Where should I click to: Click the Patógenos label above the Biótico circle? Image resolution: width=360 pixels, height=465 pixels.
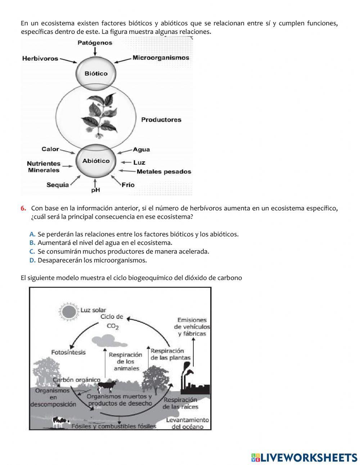pos(95,43)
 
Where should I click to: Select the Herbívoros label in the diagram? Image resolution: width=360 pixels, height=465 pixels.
pos(40,58)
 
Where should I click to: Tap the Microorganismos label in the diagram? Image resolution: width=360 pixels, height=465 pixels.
pos(161,58)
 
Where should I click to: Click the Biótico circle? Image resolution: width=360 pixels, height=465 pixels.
pos(96,73)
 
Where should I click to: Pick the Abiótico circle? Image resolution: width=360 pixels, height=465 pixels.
pos(96,161)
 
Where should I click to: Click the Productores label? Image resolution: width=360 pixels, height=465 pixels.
pos(161,120)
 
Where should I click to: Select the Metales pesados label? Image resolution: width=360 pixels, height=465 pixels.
pos(164,172)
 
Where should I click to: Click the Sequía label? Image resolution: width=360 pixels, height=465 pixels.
pos(58,185)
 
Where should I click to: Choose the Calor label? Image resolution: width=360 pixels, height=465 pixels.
pos(50,149)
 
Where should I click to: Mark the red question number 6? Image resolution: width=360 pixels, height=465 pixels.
pos(23,208)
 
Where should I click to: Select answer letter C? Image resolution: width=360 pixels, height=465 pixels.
pos(32,251)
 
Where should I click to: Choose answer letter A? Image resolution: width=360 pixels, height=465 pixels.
pos(32,234)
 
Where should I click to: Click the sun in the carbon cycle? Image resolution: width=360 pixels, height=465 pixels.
pos(67,312)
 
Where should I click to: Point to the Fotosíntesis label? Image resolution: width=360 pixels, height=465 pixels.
pos(68,352)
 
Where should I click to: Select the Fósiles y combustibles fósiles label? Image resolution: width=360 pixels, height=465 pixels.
pos(114,426)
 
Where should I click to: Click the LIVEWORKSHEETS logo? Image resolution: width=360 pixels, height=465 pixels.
pos(304,457)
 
